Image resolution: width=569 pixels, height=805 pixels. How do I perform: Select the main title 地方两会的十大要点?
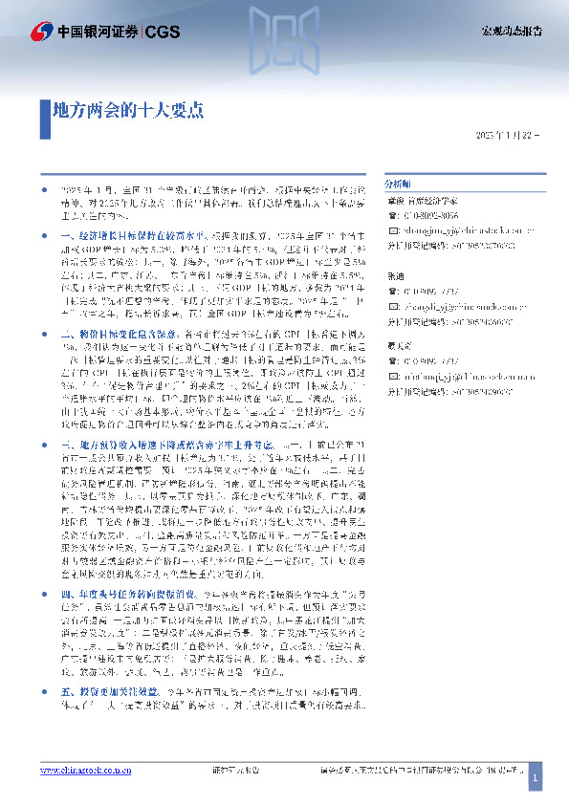[x=127, y=109]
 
